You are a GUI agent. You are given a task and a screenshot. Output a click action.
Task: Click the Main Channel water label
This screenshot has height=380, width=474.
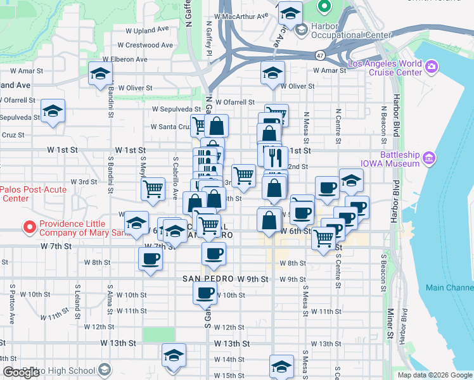[x=449, y=288]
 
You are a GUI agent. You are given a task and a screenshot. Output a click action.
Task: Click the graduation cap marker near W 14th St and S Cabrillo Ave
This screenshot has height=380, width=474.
[x=173, y=356]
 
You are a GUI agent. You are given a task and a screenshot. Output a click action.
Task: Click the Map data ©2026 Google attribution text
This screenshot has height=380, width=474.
[x=435, y=375]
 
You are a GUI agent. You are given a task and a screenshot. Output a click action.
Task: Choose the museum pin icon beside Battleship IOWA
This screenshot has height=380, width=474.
[x=429, y=156]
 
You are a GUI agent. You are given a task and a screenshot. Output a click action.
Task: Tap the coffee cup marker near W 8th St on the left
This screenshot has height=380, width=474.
[x=150, y=258]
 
